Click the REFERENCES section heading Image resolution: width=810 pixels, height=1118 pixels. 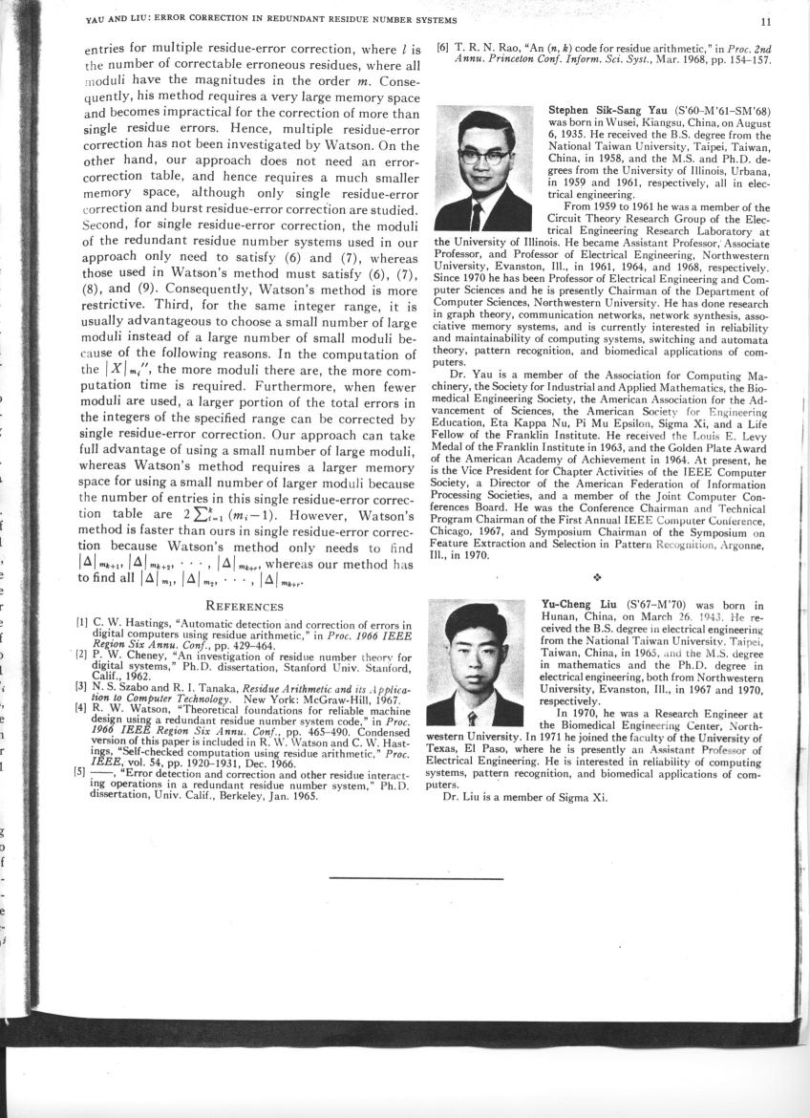tap(245, 606)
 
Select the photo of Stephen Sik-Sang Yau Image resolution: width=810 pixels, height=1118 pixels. tap(483, 168)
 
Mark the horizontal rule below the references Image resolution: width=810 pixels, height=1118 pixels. tap(416, 877)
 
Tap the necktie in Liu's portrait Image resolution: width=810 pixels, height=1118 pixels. tap(471, 714)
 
